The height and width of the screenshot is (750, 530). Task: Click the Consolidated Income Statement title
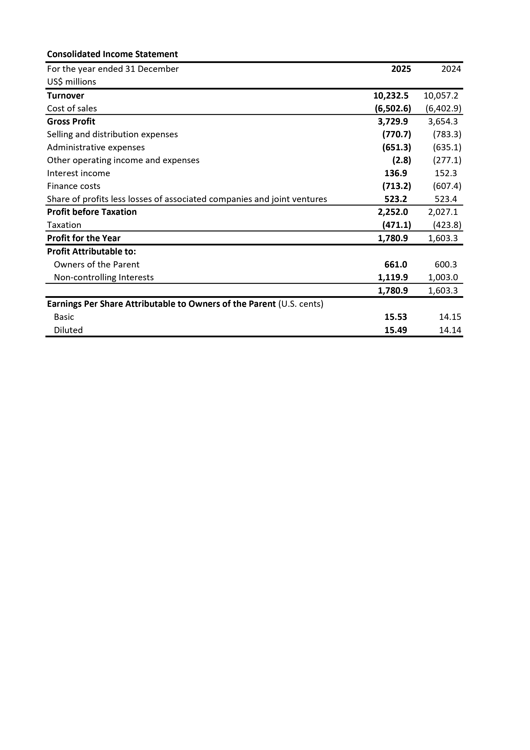[x=112, y=54]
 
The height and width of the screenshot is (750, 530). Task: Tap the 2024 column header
[x=451, y=69]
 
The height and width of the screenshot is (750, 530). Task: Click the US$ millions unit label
[x=72, y=82]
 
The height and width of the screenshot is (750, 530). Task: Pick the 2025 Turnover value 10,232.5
[x=391, y=96]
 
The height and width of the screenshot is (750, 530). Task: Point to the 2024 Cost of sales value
[x=443, y=108]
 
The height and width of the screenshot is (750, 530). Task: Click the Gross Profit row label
[x=71, y=121]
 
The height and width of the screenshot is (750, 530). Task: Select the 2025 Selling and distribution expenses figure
[x=396, y=134]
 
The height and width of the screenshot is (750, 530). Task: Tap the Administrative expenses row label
[x=96, y=147]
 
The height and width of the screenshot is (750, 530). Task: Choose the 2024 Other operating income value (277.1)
[x=447, y=160]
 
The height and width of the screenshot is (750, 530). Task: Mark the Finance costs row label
[x=74, y=186]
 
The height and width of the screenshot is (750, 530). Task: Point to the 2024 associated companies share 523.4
[x=446, y=199]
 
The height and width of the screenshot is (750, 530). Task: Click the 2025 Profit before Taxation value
[x=393, y=212]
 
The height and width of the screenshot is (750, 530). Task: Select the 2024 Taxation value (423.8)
[x=447, y=225]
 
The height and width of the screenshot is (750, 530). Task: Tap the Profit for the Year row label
[x=84, y=238]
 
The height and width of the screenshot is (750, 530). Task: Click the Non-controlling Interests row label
[x=103, y=277]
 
